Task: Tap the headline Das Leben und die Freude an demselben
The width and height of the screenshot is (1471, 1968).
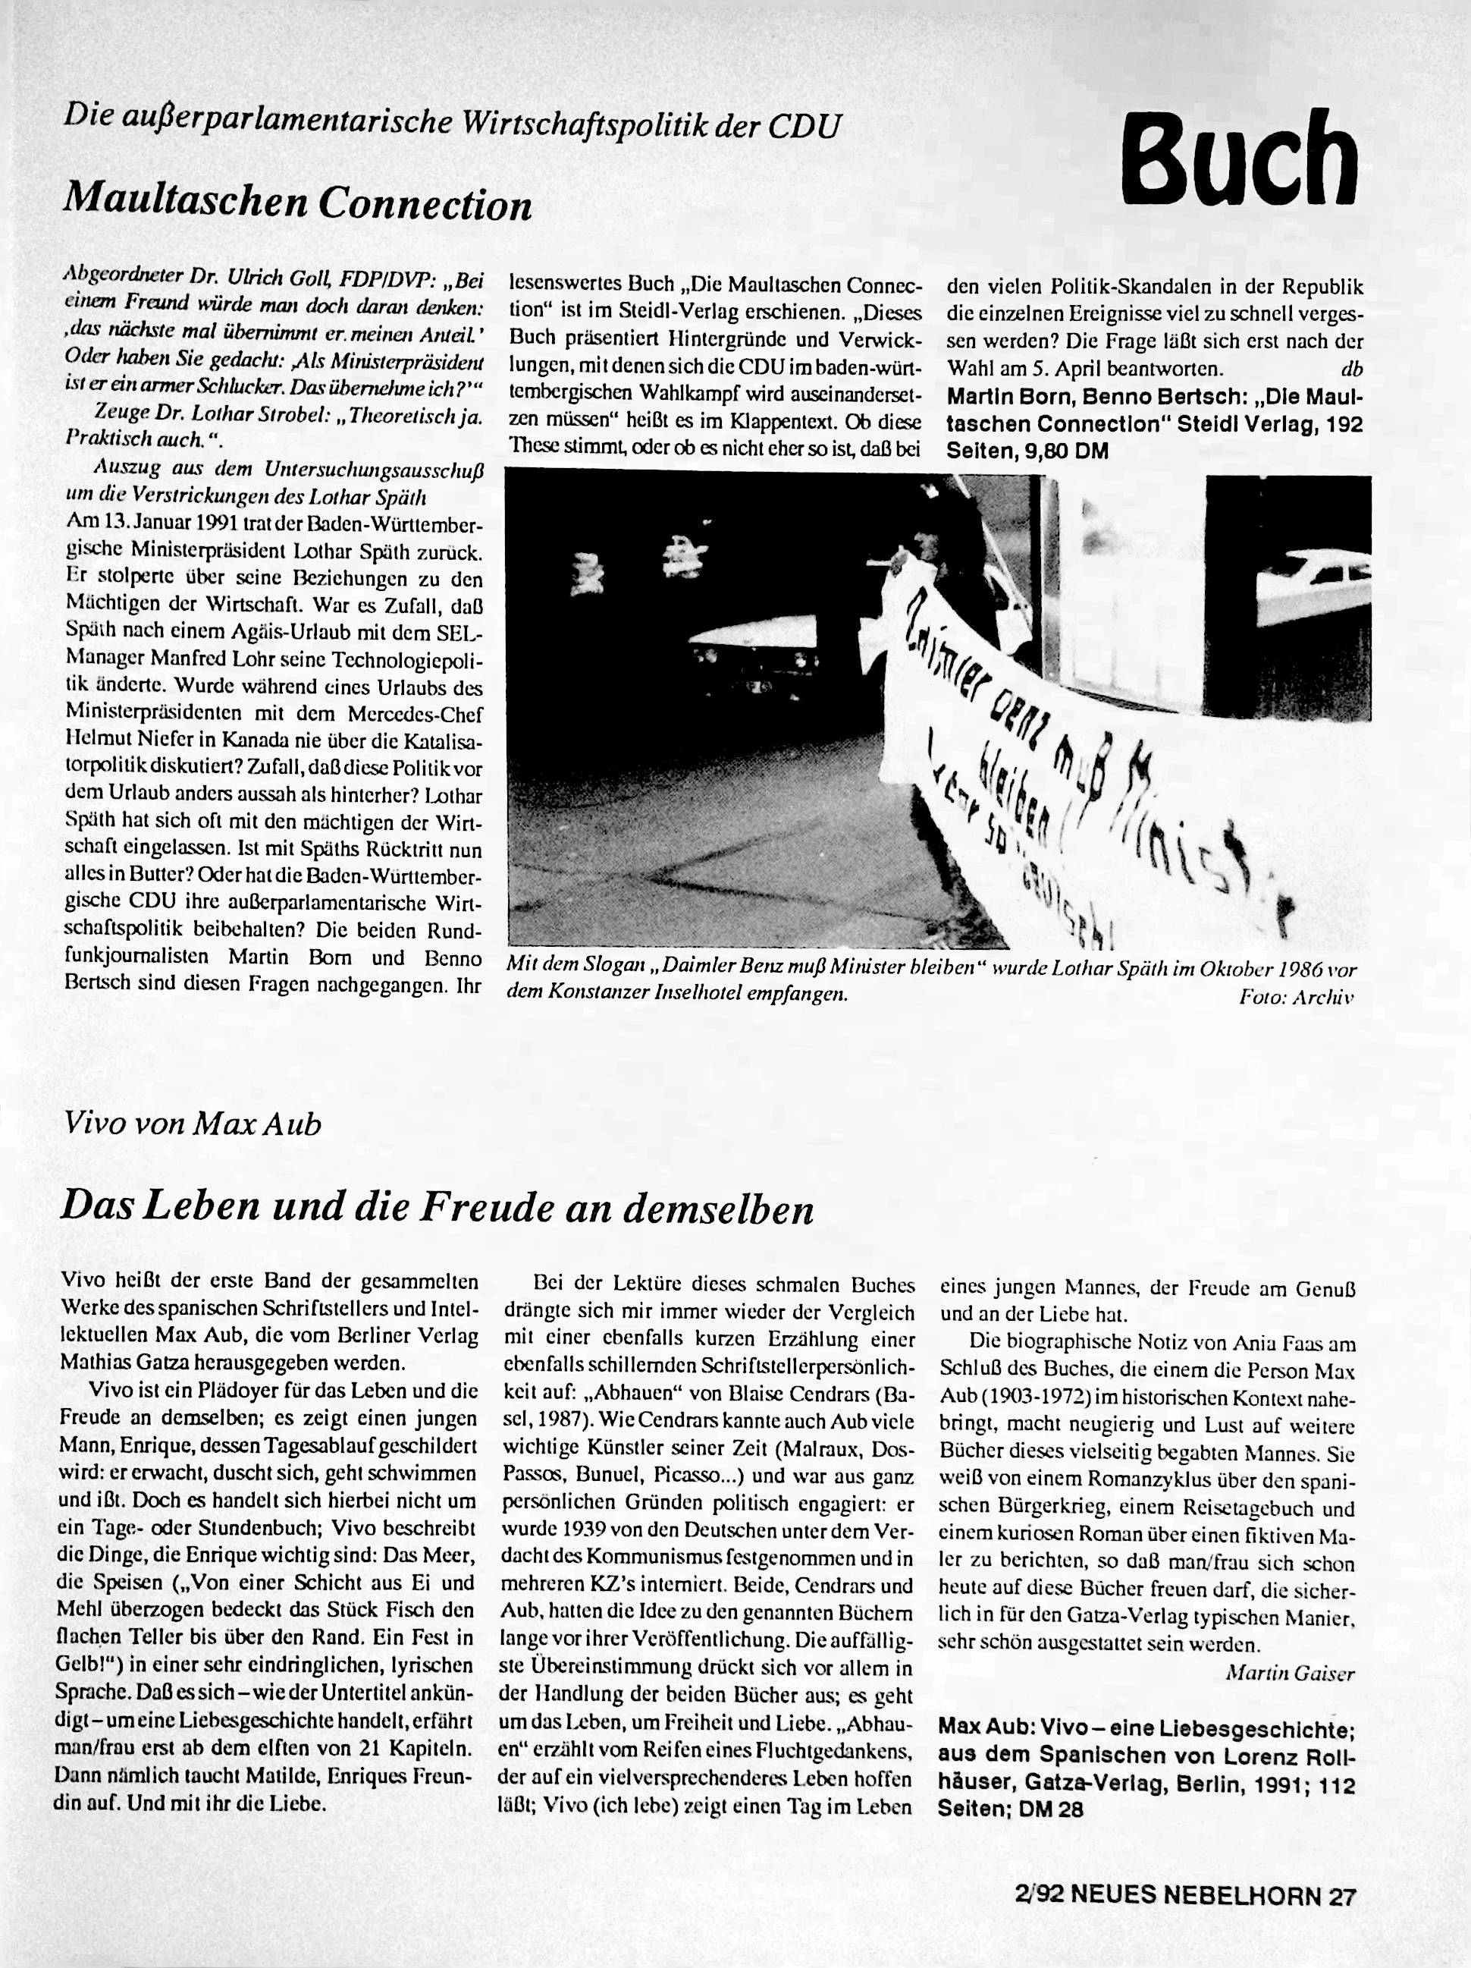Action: click(x=437, y=1209)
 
